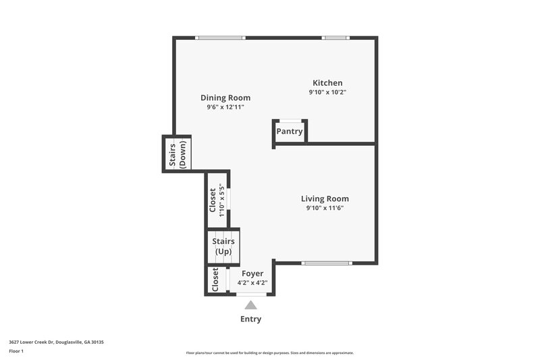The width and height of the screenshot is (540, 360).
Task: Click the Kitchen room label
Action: tap(327, 82)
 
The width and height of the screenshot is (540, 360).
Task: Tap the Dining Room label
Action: tap(225, 97)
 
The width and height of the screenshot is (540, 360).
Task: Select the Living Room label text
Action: tap(325, 199)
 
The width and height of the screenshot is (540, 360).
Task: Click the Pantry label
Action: tap(290, 132)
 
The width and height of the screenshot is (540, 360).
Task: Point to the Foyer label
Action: tap(252, 274)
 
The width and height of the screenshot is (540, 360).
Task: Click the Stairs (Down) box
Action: tap(177, 154)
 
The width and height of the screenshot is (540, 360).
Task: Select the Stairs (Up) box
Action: tap(223, 247)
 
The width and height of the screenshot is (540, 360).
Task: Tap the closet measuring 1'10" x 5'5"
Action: tap(216, 199)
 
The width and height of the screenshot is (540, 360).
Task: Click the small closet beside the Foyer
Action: tap(215, 280)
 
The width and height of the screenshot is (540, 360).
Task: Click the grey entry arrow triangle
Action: tap(251, 305)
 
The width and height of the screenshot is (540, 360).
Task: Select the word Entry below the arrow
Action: tap(251, 319)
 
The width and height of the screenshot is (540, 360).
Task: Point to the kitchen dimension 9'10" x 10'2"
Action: tap(327, 92)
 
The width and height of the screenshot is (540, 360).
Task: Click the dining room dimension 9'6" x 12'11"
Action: tap(225, 107)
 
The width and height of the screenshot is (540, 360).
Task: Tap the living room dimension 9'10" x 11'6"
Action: tap(325, 208)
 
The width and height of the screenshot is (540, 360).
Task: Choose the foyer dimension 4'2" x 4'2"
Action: tap(252, 282)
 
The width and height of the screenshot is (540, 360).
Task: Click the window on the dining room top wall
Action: tap(221, 38)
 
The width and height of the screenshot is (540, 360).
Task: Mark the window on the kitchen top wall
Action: tap(335, 38)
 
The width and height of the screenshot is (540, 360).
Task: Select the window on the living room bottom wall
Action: tap(327, 263)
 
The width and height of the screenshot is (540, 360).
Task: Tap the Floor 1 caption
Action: tap(16, 351)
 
